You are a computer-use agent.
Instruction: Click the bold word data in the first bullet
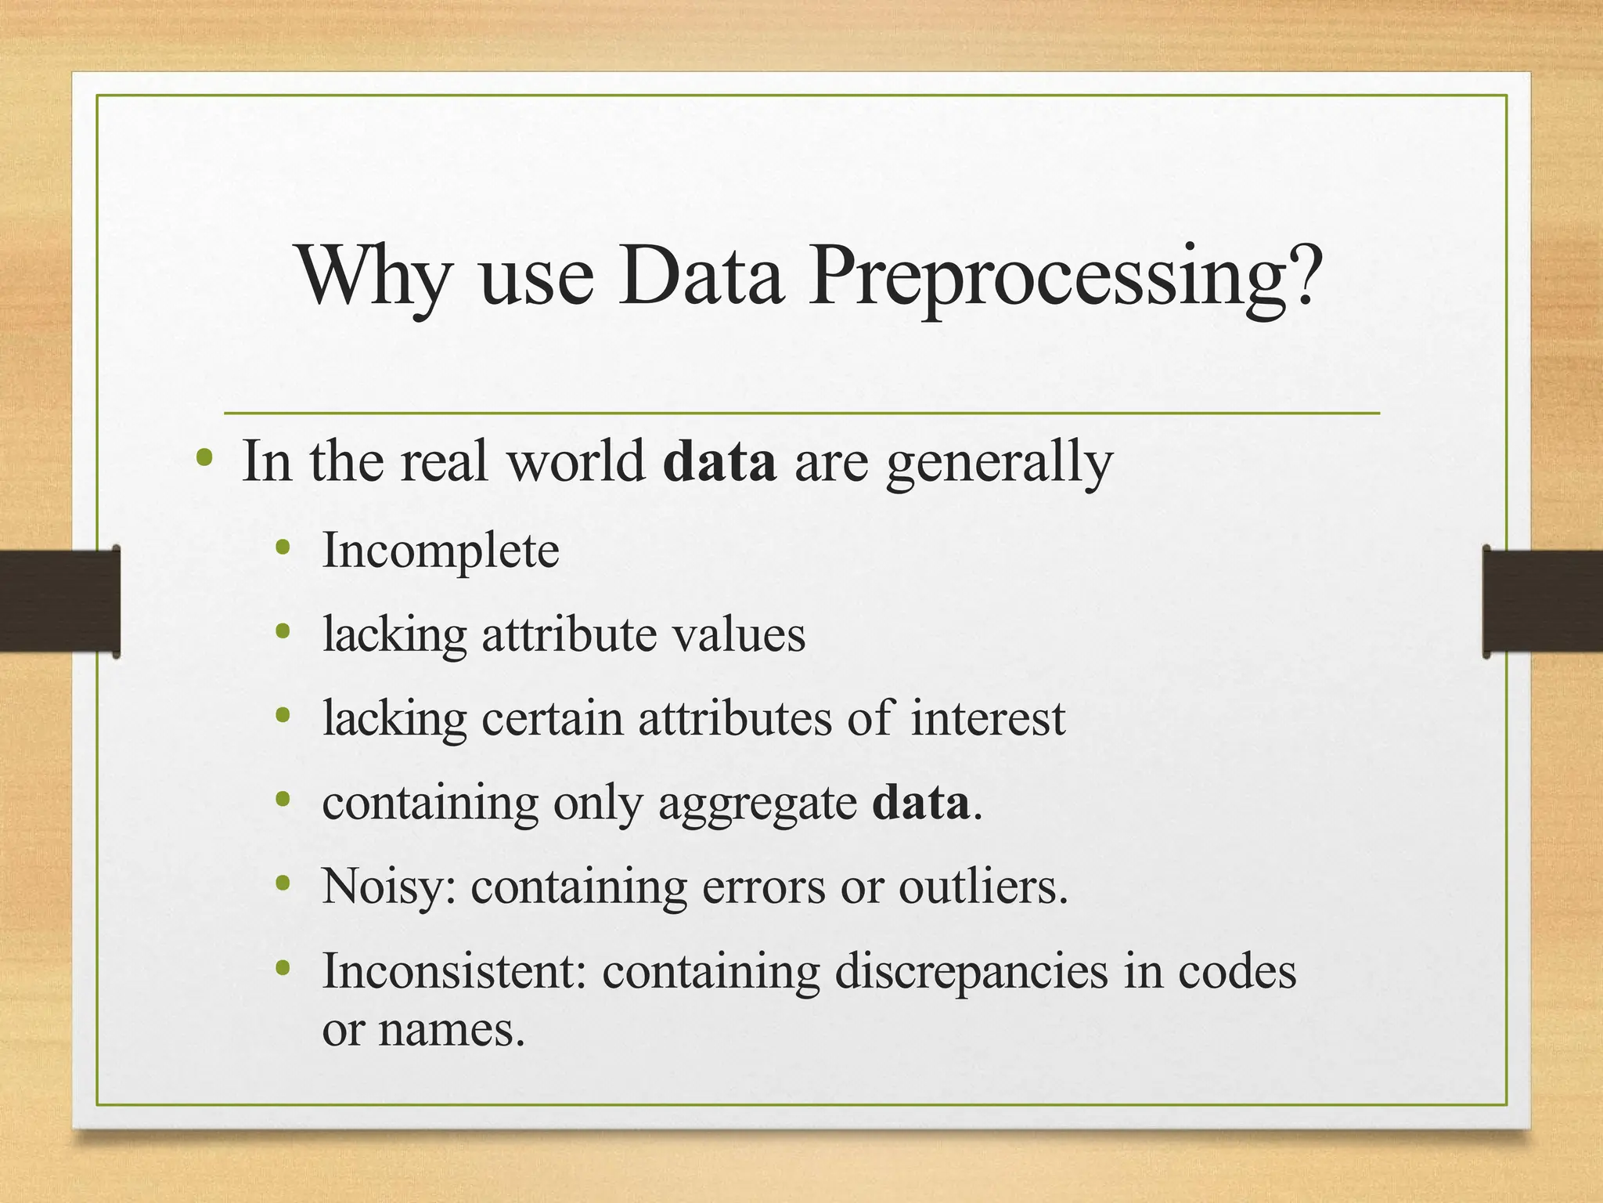click(719, 461)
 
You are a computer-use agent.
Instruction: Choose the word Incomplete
click(441, 551)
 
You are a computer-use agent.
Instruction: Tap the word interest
click(988, 718)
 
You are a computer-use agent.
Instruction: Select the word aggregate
click(758, 804)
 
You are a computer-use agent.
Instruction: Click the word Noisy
click(389, 887)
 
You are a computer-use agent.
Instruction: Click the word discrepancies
click(971, 973)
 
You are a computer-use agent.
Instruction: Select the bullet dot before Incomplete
click(283, 548)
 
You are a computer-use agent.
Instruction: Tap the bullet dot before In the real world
click(204, 457)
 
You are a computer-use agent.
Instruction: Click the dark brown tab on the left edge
click(59, 601)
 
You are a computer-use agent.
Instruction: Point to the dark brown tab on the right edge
click(1543, 601)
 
